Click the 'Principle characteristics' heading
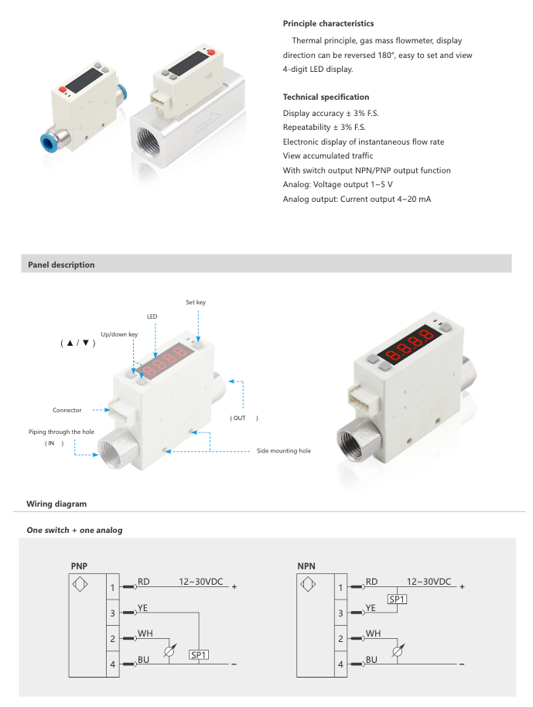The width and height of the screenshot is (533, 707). pyautogui.click(x=328, y=24)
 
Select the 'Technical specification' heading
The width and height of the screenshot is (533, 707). pyautogui.click(x=326, y=97)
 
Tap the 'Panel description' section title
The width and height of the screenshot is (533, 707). pyautogui.click(x=61, y=265)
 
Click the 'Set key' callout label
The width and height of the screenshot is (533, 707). pyautogui.click(x=196, y=302)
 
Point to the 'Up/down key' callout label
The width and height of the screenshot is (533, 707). pyautogui.click(x=119, y=334)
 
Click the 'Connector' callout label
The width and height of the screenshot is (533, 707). pyautogui.click(x=67, y=410)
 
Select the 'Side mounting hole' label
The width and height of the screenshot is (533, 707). pyautogui.click(x=284, y=450)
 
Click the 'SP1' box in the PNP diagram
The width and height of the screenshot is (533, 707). pyautogui.click(x=200, y=654)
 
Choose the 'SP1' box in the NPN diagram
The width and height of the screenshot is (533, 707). pyautogui.click(x=398, y=599)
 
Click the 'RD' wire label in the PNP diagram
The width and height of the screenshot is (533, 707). pyautogui.click(x=144, y=582)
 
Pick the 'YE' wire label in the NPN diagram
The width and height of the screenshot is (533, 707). pyautogui.click(x=371, y=608)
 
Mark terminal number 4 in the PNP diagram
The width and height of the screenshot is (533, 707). pyautogui.click(x=112, y=664)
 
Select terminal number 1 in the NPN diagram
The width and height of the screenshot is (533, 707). pyautogui.click(x=340, y=588)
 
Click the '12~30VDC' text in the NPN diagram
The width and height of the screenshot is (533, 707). pyautogui.click(x=429, y=582)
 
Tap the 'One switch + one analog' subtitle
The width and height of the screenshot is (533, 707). pyautogui.click(x=74, y=531)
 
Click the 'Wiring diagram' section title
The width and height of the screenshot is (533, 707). pyautogui.click(x=56, y=504)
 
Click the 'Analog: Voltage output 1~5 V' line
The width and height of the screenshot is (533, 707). pyautogui.click(x=337, y=185)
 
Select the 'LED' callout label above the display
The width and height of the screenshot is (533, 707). pyautogui.click(x=152, y=316)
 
